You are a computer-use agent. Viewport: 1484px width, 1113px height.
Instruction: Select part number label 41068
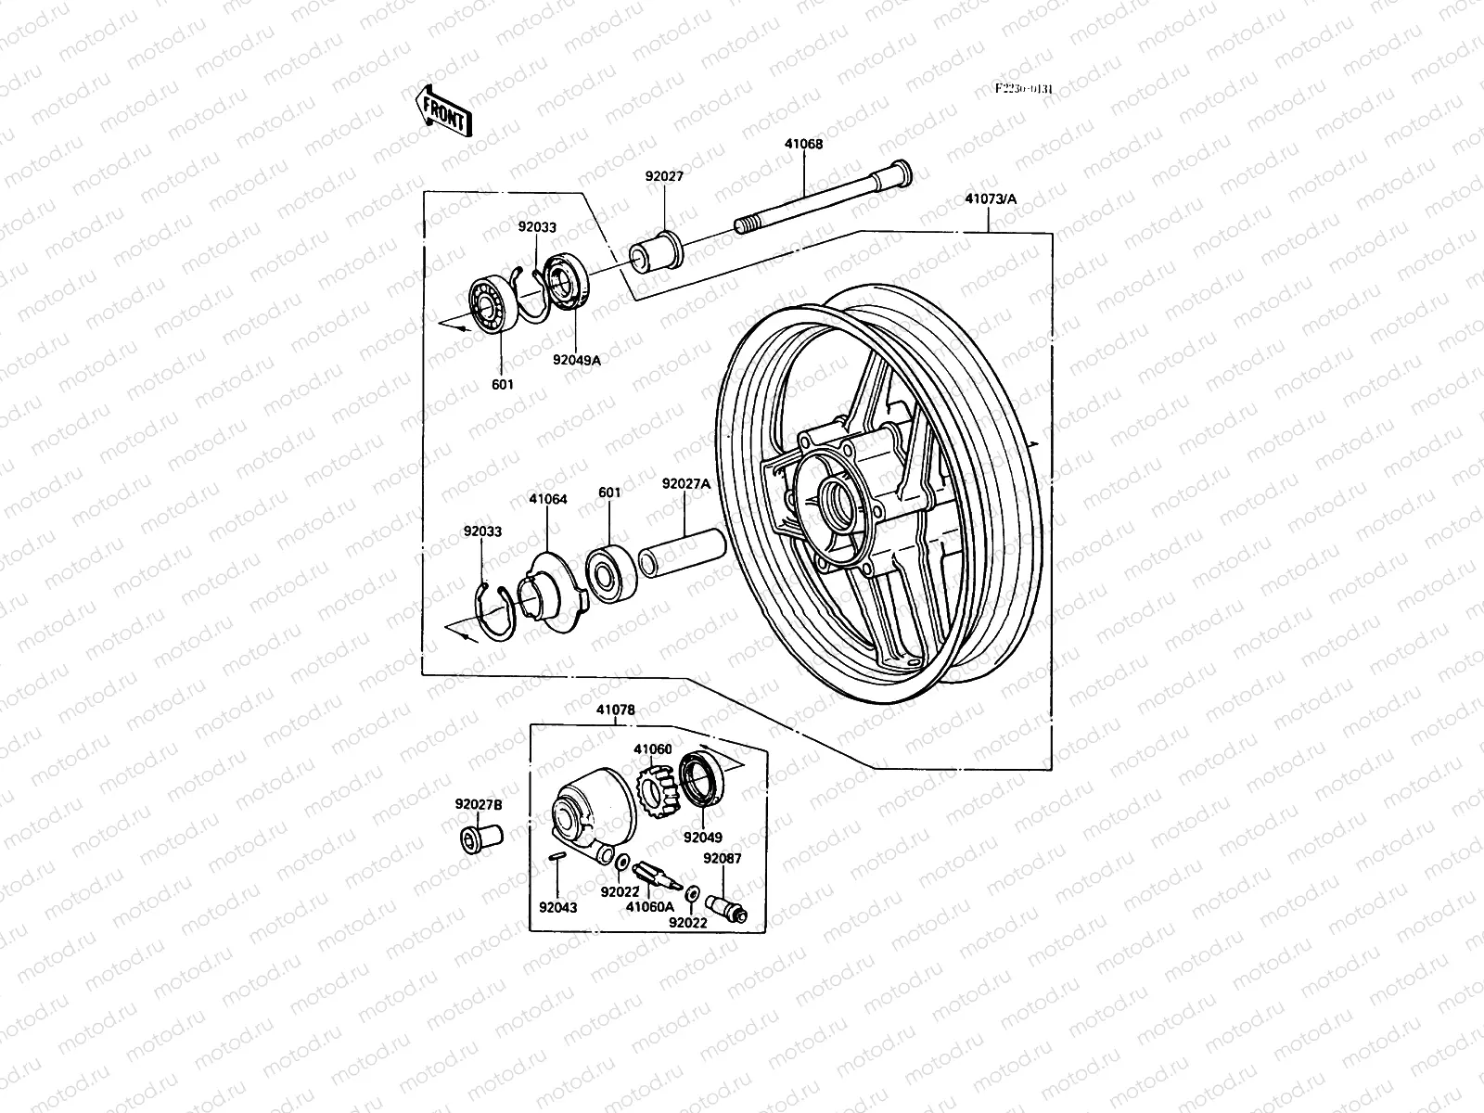802,145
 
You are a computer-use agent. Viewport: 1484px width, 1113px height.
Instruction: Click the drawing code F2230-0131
1024,89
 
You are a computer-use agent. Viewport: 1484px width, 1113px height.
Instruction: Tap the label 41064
548,499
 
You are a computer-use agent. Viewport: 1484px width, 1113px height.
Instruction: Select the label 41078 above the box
616,710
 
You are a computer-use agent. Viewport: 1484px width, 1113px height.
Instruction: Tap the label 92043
558,907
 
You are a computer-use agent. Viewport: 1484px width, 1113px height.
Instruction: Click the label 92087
722,859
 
